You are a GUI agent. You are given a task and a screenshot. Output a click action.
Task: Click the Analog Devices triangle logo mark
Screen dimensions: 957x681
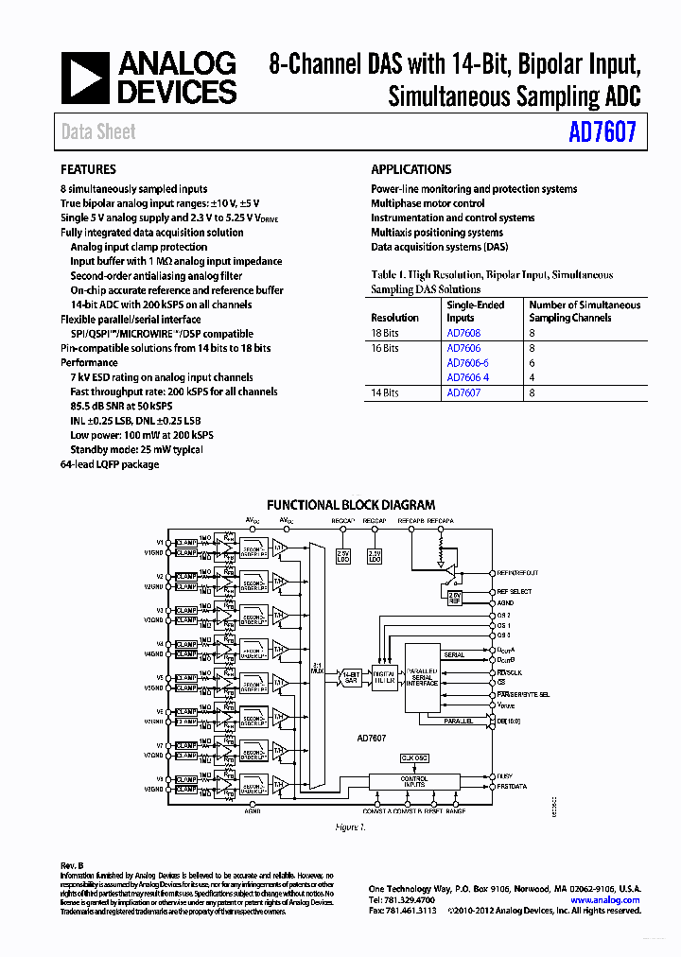coord(85,78)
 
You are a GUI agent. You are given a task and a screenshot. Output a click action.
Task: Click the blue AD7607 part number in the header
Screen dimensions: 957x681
coord(602,133)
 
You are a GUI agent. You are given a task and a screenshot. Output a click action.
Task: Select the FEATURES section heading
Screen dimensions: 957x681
coord(88,170)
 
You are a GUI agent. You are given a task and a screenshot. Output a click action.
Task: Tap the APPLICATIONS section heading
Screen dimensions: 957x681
coord(410,170)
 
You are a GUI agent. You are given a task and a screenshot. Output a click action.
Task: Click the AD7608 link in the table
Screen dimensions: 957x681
coord(463,333)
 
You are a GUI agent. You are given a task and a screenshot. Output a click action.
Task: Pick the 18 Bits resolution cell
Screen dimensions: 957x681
coord(385,333)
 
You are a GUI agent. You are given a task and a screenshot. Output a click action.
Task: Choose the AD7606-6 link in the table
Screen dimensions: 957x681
coord(467,363)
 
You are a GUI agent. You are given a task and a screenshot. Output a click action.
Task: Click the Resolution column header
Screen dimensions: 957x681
coord(394,318)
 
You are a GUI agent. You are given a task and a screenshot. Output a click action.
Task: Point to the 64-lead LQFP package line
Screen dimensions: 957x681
coord(110,464)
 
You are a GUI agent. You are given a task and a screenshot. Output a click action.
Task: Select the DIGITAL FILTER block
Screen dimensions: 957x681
coord(384,677)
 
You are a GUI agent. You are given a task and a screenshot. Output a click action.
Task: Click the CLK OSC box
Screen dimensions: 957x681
coord(413,757)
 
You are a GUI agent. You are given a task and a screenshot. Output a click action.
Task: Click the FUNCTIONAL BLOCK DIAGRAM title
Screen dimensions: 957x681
coord(351,505)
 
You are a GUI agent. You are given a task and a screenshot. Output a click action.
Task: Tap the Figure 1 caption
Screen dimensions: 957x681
coord(350,826)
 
